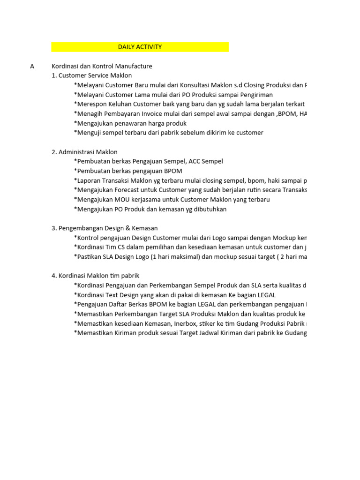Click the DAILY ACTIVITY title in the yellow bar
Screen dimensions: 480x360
tap(140, 47)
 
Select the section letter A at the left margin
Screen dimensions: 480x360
tap(32, 66)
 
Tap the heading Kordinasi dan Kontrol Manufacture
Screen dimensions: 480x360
tap(102, 66)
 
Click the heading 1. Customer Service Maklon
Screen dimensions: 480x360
tap(92, 75)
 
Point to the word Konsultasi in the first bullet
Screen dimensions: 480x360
tap(192, 85)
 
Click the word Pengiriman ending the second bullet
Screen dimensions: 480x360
tap(253, 95)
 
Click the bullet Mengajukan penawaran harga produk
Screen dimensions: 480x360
tap(130, 123)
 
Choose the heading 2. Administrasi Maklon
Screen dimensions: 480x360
tap(84, 152)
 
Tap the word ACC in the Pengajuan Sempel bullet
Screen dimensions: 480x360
tap(194, 161)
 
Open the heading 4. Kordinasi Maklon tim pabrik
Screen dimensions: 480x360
tap(95, 276)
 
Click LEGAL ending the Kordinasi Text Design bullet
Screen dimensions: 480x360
tap(266, 295)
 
